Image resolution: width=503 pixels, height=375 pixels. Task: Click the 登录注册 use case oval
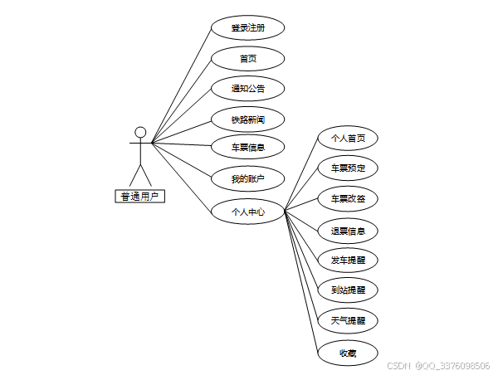pyautogui.click(x=247, y=27)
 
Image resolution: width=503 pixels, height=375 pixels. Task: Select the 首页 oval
pyautogui.click(x=247, y=58)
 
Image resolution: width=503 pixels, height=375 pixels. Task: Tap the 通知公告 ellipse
pyautogui.click(x=247, y=88)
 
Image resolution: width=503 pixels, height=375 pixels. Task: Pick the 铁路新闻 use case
pyautogui.click(x=247, y=119)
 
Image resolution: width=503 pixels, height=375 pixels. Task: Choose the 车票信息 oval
pyautogui.click(x=247, y=148)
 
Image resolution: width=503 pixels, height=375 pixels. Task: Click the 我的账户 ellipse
pyautogui.click(x=247, y=178)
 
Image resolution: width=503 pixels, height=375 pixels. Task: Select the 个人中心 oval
pyautogui.click(x=247, y=212)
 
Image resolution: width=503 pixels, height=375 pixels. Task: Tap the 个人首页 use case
pyautogui.click(x=348, y=139)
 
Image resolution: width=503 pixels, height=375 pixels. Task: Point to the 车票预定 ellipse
pyautogui.click(x=348, y=168)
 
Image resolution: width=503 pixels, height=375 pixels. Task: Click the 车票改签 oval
pyautogui.click(x=348, y=199)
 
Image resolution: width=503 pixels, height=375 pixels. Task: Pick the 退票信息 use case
pyautogui.click(x=348, y=230)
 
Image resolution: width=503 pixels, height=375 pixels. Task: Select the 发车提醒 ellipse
pyautogui.click(x=348, y=260)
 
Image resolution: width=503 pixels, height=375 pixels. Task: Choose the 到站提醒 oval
pyautogui.click(x=348, y=290)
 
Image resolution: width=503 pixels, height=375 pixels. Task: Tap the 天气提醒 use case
pyautogui.click(x=348, y=320)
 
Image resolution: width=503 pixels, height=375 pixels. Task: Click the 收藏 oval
pyautogui.click(x=348, y=352)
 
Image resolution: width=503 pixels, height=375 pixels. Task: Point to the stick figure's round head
pyautogui.click(x=140, y=132)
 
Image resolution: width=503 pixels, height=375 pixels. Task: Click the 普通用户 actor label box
pyautogui.click(x=139, y=197)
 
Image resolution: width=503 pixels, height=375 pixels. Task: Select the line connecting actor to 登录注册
pyautogui.click(x=181, y=85)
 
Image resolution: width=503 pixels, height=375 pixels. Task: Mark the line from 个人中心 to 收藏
pyautogui.click(x=301, y=282)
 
